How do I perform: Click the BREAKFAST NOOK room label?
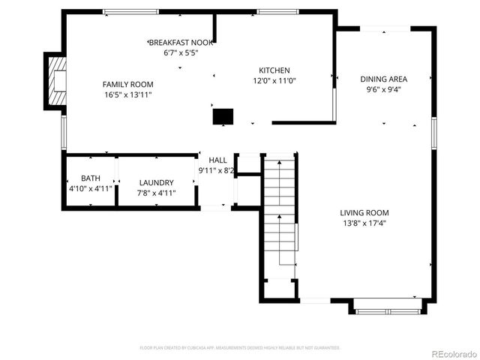[181, 43]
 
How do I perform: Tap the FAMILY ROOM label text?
[127, 84]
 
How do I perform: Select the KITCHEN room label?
[274, 70]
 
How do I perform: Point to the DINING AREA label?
[383, 79]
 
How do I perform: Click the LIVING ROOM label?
[364, 212]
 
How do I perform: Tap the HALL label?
[217, 160]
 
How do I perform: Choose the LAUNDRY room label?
[156, 182]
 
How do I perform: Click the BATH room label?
[90, 178]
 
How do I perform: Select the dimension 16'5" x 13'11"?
[127, 94]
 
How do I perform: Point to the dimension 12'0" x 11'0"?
[274, 81]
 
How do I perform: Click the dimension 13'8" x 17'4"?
[364, 223]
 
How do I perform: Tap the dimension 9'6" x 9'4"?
[383, 89]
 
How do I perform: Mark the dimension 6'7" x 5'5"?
[181, 53]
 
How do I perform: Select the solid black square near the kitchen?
[223, 115]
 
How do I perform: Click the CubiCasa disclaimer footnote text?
[240, 348]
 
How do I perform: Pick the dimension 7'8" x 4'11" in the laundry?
[156, 193]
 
